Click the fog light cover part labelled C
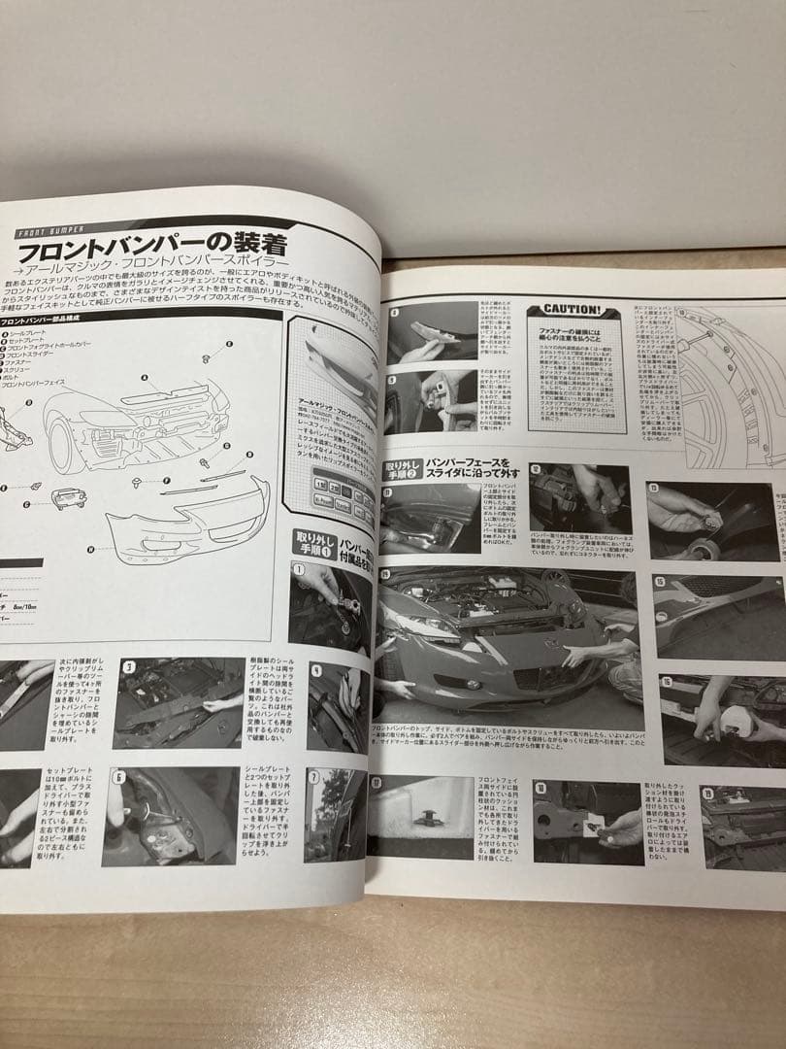63,498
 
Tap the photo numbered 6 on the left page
171,815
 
